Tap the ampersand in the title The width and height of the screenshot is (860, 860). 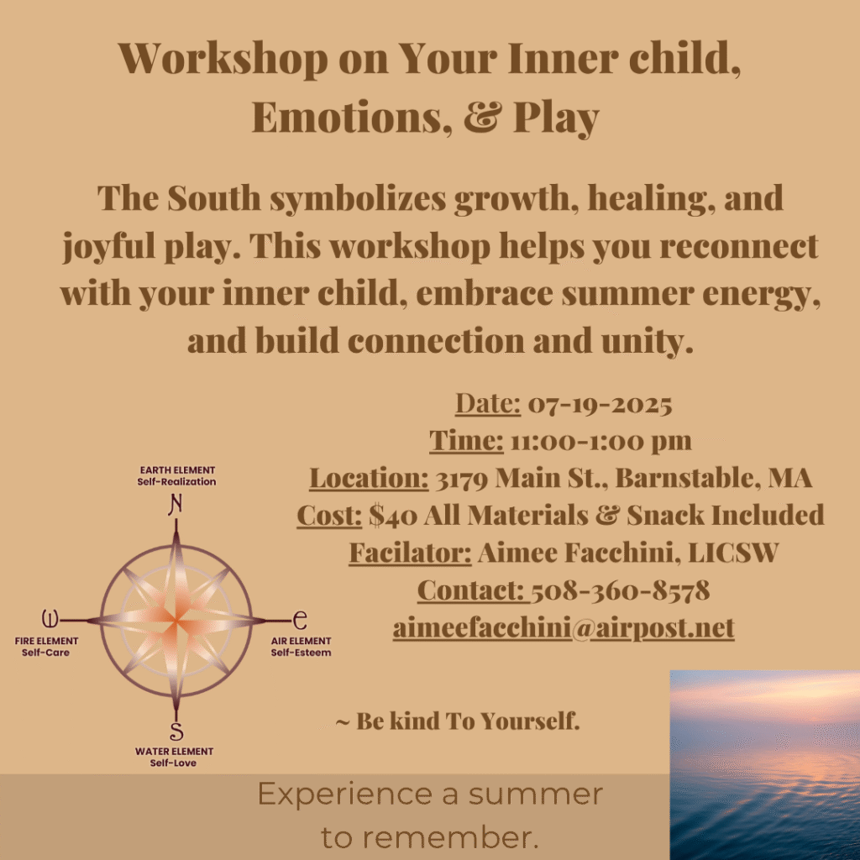[x=483, y=117]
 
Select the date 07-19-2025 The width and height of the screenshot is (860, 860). [x=600, y=405]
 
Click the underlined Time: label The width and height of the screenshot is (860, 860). [x=466, y=441]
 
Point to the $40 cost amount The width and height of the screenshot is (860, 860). [x=393, y=516]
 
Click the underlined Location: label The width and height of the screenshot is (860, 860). [x=370, y=478]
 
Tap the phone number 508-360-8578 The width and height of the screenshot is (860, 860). [x=621, y=590]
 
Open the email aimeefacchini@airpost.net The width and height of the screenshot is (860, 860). [x=564, y=628]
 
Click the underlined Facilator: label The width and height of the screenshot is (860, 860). [x=410, y=553]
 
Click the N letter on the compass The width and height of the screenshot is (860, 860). [x=176, y=505]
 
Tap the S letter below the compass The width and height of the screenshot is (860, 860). [x=176, y=732]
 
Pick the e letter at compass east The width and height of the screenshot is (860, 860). [x=300, y=621]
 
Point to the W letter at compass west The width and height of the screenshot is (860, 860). [x=50, y=619]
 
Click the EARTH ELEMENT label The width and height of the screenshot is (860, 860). [x=177, y=470]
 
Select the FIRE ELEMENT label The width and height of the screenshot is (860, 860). [x=47, y=641]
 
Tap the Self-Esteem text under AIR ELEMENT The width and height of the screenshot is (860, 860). [x=302, y=653]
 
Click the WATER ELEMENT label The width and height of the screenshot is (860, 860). [x=175, y=752]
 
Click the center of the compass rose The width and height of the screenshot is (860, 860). [x=176, y=621]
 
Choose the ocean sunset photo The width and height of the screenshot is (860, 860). [x=764, y=765]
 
